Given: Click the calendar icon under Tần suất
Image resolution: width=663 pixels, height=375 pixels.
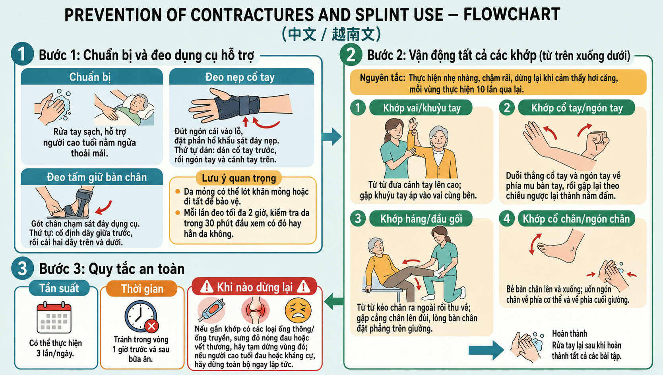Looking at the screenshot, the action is pyautogui.click(x=54, y=317).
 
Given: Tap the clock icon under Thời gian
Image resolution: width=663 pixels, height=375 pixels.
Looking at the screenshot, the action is pyautogui.click(x=141, y=316).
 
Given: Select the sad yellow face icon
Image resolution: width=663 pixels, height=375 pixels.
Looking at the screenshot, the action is pyautogui.click(x=298, y=310).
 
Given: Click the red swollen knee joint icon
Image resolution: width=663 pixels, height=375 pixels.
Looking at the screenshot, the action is pyautogui.click(x=255, y=310).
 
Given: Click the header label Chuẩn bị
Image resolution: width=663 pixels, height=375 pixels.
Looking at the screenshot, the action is pyautogui.click(x=90, y=77).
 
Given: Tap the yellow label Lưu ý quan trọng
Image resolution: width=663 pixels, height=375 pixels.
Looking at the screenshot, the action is pyautogui.click(x=238, y=178).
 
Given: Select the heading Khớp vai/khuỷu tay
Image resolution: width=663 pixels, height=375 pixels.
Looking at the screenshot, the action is pyautogui.click(x=421, y=108).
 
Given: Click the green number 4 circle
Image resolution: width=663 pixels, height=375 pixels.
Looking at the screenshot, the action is pyautogui.click(x=506, y=218).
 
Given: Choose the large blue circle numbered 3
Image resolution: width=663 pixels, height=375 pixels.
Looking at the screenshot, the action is pyautogui.click(x=22, y=269).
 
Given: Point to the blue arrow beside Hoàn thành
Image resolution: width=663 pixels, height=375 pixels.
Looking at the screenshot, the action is pyautogui.click(x=486, y=350).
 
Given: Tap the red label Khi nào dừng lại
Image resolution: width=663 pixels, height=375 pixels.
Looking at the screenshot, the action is pyautogui.click(x=254, y=287).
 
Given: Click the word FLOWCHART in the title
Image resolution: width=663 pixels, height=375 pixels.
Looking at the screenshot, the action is pyautogui.click(x=512, y=14).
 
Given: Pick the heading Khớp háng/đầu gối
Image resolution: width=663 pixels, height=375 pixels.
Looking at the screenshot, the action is pyautogui.click(x=421, y=219).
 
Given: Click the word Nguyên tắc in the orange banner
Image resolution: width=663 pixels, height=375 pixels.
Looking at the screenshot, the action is pyautogui.click(x=382, y=78).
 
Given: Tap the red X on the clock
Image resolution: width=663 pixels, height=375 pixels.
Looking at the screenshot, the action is pyautogui.click(x=151, y=326).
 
